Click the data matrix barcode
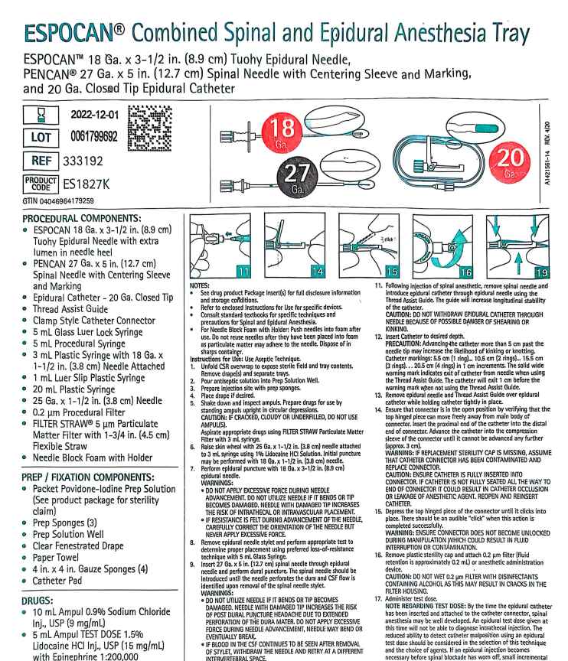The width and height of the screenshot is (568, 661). pyautogui.click(x=150, y=129)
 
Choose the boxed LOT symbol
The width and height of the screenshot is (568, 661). pyautogui.click(x=41, y=138)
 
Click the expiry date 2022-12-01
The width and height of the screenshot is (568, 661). pyautogui.click(x=95, y=115)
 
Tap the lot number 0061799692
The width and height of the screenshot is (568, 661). pyautogui.click(x=94, y=137)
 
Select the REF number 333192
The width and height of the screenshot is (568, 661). pyautogui.click(x=83, y=161)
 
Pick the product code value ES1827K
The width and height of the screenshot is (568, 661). pyautogui.click(x=86, y=184)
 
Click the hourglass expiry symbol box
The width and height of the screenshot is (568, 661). pyautogui.click(x=41, y=115)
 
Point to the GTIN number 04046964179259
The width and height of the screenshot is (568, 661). pyautogui.click(x=67, y=201)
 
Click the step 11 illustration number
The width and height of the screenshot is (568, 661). pyautogui.click(x=243, y=272)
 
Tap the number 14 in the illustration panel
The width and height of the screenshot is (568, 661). pyautogui.click(x=318, y=272)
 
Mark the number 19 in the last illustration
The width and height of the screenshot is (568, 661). pyautogui.click(x=541, y=272)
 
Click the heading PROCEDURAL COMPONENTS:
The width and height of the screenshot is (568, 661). pyautogui.click(x=82, y=218)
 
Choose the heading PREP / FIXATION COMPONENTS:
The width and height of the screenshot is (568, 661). pyautogui.click(x=88, y=477)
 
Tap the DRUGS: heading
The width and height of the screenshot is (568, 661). pyautogui.click(x=38, y=601)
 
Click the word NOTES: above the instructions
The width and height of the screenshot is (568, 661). pyautogui.click(x=200, y=285)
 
